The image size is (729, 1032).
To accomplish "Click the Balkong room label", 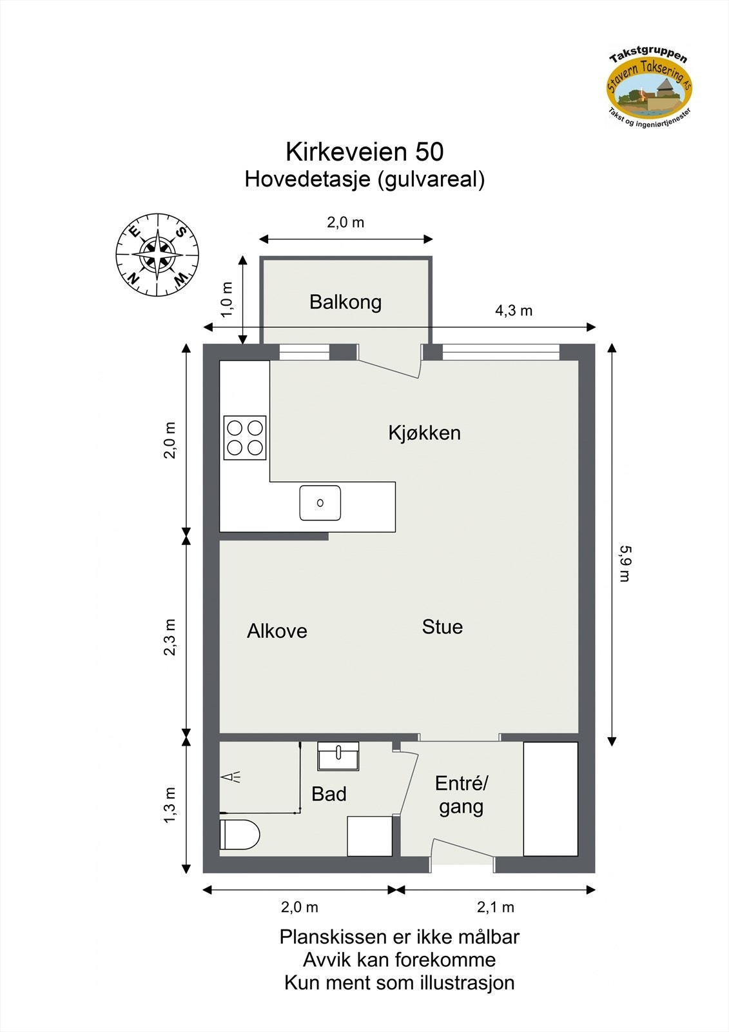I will tap(345, 302).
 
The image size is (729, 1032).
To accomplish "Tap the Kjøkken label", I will tap(424, 432).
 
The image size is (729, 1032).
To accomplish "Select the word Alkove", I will tap(277, 631).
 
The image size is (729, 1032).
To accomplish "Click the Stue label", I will tap(442, 627).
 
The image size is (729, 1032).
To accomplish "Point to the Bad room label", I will tap(329, 794).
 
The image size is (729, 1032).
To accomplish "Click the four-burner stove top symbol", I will tap(245, 437).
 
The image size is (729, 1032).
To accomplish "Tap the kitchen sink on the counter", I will tap(320, 503).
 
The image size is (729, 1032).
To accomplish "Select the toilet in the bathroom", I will tap(238, 835).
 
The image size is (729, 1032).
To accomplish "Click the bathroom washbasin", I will tap(338, 756).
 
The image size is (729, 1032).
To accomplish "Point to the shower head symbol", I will tap(231, 777).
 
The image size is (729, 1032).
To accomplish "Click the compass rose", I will tap(157, 254).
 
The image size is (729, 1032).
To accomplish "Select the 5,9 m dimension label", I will tap(623, 563).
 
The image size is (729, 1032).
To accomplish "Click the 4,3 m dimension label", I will tap(513, 311).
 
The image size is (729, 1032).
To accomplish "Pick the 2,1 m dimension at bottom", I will tap(495, 908).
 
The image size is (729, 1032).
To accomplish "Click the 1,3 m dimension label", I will tap(170, 804).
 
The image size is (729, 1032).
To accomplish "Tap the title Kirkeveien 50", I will tap(364, 152).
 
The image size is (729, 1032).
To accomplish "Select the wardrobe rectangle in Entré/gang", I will tap(550, 799).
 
